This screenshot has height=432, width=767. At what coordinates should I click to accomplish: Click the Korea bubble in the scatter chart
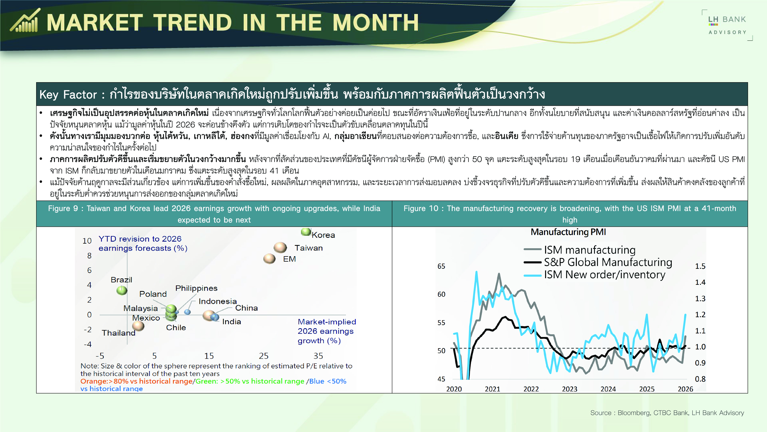pos(306,232)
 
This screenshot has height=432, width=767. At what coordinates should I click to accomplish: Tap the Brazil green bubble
pos(122,290)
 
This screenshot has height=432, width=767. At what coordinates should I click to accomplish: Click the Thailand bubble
pos(138,326)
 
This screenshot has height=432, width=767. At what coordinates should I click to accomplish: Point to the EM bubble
pos(269,258)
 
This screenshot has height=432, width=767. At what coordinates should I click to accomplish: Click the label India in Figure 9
pos(231,322)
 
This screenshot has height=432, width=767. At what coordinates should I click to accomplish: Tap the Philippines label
pos(196,288)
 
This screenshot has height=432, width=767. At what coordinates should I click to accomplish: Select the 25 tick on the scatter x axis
pos(263,356)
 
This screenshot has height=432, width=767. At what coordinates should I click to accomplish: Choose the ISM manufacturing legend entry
pos(579,250)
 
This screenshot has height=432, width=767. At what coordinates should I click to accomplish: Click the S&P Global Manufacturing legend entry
pos(598,262)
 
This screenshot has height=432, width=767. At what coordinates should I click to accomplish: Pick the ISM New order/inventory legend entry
pos(594,275)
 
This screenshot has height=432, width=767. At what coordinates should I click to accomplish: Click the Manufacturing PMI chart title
pos(568,232)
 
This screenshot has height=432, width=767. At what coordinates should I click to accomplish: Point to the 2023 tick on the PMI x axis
pos(570,389)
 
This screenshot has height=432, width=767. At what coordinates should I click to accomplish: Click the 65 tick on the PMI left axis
pos(441,266)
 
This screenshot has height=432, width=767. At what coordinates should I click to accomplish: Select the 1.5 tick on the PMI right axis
pos(700,266)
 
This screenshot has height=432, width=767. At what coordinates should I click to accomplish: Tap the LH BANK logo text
pos(727,20)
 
